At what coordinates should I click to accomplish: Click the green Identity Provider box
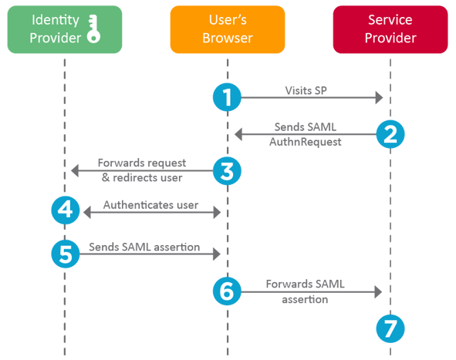(x=65, y=29)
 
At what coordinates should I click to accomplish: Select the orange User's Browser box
(x=227, y=29)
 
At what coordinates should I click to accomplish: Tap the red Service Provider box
(x=390, y=29)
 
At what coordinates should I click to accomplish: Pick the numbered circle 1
(x=227, y=97)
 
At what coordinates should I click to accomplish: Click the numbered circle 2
(x=390, y=134)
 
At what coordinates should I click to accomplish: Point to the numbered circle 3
(x=227, y=171)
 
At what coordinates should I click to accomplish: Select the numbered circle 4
(x=65, y=210)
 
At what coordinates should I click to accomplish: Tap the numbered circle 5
(x=65, y=254)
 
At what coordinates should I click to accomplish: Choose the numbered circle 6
(x=227, y=291)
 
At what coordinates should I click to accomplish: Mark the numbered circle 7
(x=390, y=329)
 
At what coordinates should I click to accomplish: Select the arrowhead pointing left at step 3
(x=74, y=171)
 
